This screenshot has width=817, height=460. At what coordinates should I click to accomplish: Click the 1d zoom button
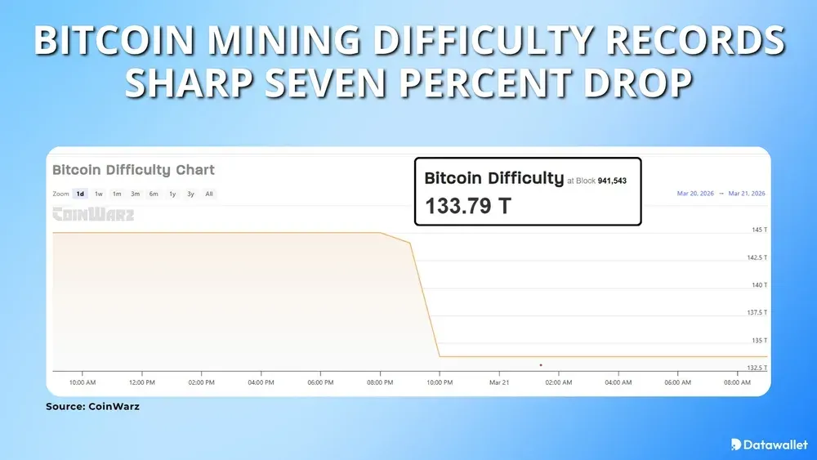(80, 194)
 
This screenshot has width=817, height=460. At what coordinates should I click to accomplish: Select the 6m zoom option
(154, 194)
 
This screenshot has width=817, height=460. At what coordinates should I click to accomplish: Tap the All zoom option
(209, 194)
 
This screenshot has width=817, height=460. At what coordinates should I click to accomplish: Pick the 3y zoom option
(190, 194)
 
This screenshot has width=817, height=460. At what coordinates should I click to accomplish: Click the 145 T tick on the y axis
(759, 230)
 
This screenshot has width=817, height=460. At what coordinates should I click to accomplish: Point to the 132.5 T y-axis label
(757, 368)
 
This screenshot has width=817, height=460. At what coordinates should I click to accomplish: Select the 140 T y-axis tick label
(759, 285)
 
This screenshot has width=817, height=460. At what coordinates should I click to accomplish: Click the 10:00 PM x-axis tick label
(440, 382)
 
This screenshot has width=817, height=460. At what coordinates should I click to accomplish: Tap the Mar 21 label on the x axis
(499, 382)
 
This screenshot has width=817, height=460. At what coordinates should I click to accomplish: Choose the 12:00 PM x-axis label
(142, 382)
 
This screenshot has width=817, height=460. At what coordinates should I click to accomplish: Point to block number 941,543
(611, 181)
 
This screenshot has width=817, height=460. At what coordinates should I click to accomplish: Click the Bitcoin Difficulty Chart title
(133, 170)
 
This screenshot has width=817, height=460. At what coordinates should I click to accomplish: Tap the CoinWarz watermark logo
(93, 215)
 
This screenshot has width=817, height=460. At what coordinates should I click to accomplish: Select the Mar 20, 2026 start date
(695, 194)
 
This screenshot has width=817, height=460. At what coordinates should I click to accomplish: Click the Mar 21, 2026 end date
(746, 194)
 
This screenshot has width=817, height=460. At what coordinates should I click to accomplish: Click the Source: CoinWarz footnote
(92, 406)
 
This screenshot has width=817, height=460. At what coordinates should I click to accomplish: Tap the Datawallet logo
(769, 444)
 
